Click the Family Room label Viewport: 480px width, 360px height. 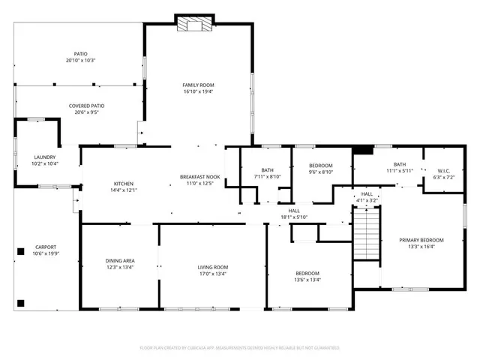199,85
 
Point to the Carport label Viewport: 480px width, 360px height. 46,247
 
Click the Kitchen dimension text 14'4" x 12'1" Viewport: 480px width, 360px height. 124,190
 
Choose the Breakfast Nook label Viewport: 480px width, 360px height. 199,176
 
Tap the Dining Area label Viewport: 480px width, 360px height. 119,260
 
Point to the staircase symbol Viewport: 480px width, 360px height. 365,232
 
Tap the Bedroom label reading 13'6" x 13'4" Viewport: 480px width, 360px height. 307,273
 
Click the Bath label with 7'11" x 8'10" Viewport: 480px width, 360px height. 268,170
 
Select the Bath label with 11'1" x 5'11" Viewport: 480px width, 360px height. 400,164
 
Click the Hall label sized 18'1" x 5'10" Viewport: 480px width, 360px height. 294,211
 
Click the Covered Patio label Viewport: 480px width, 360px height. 86,106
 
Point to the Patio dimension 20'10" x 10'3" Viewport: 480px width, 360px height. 81,60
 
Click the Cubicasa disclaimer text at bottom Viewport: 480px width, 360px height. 240,348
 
